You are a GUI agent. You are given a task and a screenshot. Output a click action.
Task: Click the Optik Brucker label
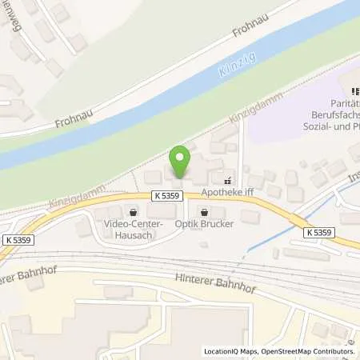click(206, 225)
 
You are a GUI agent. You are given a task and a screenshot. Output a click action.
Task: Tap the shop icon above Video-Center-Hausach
click(133, 212)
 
